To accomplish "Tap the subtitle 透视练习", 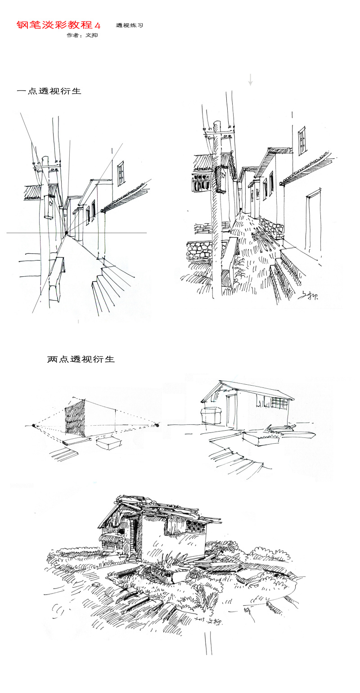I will tap(129, 25).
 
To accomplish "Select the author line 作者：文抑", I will tap(82, 35).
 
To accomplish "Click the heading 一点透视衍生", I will tap(49, 91).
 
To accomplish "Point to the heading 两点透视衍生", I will tap(81, 360).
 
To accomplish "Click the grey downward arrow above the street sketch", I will tap(251, 80).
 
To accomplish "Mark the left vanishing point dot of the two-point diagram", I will tap(34, 425).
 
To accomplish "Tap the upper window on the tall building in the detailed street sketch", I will tap(301, 140).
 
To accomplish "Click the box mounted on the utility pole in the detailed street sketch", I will tap(221, 179).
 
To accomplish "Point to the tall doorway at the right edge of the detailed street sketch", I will tap(313, 220).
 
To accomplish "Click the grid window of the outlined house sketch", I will tap(280, 403).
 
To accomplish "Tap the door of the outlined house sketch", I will tap(231, 411).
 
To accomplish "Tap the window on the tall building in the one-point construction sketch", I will tap(121, 173).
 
